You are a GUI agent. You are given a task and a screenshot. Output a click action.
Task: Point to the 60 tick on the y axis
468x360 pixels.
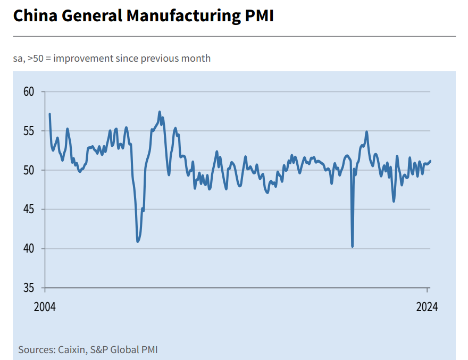pyautogui.click(x=29, y=91)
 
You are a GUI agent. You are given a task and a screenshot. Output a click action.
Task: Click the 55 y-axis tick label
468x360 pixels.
pyautogui.click(x=29, y=131)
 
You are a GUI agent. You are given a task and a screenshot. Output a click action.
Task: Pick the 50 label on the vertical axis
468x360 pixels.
pyautogui.click(x=29, y=170)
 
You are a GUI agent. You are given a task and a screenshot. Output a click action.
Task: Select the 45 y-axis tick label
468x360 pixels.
pyautogui.click(x=29, y=210)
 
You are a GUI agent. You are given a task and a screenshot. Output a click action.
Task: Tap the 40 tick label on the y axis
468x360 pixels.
pyautogui.click(x=29, y=249)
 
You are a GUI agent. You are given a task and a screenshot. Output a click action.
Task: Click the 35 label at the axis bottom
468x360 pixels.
pyautogui.click(x=29, y=288)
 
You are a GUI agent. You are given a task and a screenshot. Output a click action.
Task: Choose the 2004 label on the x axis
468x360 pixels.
pyautogui.click(x=46, y=307)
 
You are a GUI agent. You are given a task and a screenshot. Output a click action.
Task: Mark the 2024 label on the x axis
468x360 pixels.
pyautogui.click(x=427, y=307)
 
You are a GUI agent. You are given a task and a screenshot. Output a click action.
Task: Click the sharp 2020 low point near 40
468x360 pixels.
pyautogui.click(x=353, y=247)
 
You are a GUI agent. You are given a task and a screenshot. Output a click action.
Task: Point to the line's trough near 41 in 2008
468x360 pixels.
pyautogui.click(x=138, y=242)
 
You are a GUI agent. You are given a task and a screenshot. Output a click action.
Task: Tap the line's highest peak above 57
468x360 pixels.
pyautogui.click(x=160, y=112)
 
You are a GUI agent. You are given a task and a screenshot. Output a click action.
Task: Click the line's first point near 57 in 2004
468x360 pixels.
pyautogui.click(x=49, y=114)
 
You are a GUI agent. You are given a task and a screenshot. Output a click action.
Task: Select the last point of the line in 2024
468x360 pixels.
pyautogui.click(x=430, y=161)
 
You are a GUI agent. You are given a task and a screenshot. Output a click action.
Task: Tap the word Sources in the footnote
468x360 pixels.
pyautogui.click(x=36, y=349)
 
